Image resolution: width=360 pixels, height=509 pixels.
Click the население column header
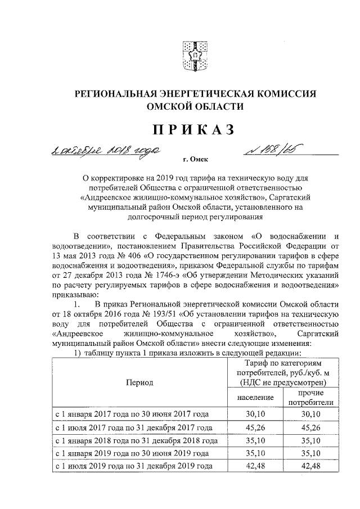pyautogui.click(x=253, y=398)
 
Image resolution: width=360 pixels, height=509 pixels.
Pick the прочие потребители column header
pyautogui.click(x=310, y=398)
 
